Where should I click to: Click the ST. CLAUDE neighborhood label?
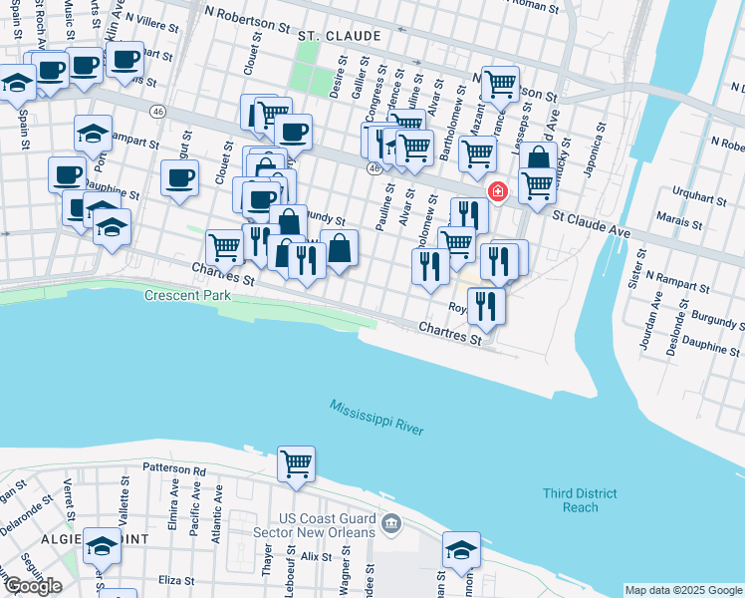(x=340, y=36)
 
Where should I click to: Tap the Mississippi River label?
(x=377, y=417)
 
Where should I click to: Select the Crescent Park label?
(x=187, y=296)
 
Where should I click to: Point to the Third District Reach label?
(x=581, y=500)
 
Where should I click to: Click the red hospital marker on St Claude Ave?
(x=496, y=190)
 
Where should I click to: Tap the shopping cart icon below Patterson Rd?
(x=296, y=463)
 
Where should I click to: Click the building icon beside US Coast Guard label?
(x=391, y=522)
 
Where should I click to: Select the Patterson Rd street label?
(x=173, y=470)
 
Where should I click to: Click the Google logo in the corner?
(x=33, y=586)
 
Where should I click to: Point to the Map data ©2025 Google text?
(x=682, y=590)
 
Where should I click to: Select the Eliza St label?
(x=175, y=579)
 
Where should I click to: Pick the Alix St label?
(x=316, y=556)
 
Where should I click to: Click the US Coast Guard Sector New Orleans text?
(x=327, y=525)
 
